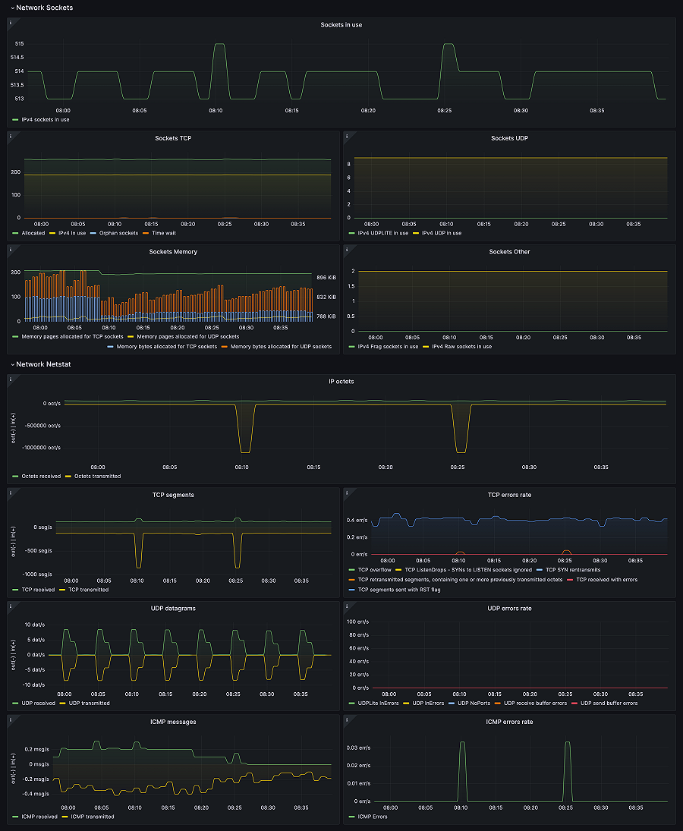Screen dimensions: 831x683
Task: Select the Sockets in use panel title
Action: [341, 25]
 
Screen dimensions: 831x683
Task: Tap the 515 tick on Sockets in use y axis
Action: [18, 44]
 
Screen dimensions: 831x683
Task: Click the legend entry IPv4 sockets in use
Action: [46, 119]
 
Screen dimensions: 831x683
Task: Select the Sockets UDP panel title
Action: [509, 138]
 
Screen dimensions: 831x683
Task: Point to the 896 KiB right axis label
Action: [326, 278]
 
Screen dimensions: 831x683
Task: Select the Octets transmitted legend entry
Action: [96, 476]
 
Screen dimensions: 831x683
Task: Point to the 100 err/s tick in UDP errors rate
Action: [357, 622]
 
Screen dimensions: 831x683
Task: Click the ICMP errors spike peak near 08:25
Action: [567, 742]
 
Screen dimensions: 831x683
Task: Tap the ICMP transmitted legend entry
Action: [93, 817]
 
